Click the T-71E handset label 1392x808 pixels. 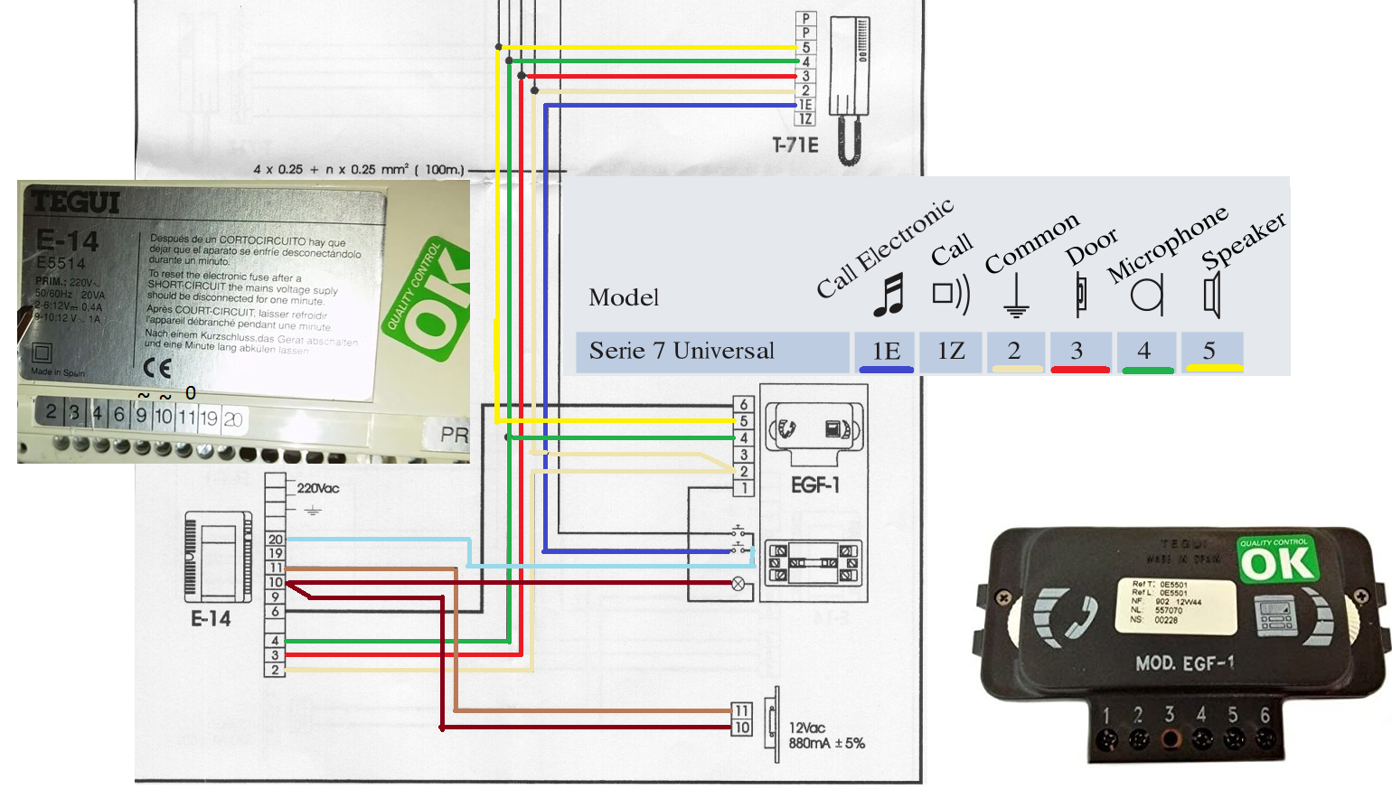[x=795, y=146]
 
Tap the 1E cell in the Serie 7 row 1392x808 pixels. [x=886, y=351]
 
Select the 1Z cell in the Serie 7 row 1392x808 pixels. [x=951, y=351]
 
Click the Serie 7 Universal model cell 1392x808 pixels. [x=682, y=351]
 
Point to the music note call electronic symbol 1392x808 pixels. [x=889, y=295]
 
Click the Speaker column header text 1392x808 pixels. [x=1243, y=240]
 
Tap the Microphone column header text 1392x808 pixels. [x=1167, y=242]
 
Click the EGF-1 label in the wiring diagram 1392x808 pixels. [x=814, y=485]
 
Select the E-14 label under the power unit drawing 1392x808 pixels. [x=211, y=619]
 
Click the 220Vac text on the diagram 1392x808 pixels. [x=318, y=488]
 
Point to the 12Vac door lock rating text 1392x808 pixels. [x=807, y=728]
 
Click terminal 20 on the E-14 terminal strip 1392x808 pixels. [x=276, y=540]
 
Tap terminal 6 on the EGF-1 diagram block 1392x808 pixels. [x=744, y=405]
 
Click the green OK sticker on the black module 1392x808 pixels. [x=1278, y=561]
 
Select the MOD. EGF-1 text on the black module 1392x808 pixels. [x=1185, y=663]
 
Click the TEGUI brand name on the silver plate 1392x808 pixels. [x=75, y=202]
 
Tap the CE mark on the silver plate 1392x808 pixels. [x=157, y=368]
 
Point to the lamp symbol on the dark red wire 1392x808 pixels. [x=738, y=584]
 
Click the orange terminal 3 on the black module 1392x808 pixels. [x=1171, y=738]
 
